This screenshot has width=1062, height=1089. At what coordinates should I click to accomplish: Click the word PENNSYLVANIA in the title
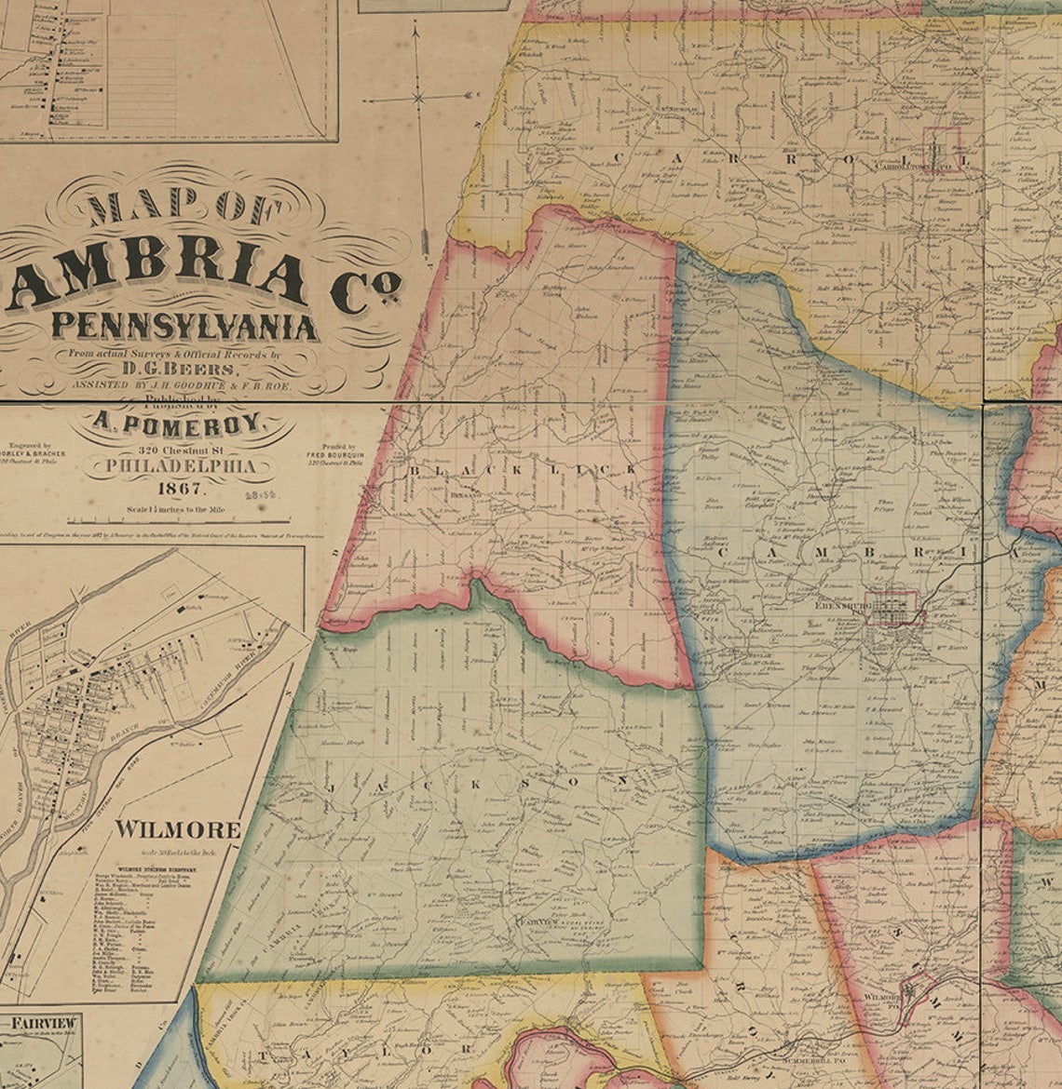point(184,327)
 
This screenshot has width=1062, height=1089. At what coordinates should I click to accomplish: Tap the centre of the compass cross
point(418,96)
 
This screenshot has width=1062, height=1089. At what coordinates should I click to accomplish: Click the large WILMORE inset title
point(177,829)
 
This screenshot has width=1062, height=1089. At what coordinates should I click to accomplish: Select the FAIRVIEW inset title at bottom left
point(43,1024)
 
